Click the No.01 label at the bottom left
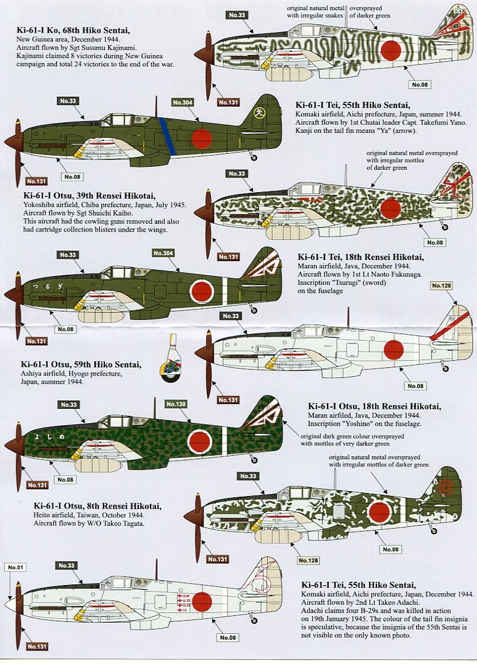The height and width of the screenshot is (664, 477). (x=15, y=567)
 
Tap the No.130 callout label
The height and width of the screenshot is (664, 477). (x=176, y=404)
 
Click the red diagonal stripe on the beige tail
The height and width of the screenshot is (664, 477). (x=449, y=326)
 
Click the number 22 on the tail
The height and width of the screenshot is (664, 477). (x=457, y=169)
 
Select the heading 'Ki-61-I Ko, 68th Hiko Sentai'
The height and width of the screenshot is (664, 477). (x=72, y=30)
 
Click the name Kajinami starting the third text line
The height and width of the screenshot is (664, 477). (x=30, y=55)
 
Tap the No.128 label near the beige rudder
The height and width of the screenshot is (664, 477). (x=441, y=286)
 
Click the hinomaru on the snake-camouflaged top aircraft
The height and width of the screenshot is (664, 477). (x=391, y=51)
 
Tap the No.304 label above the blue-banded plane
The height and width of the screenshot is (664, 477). (x=183, y=103)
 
